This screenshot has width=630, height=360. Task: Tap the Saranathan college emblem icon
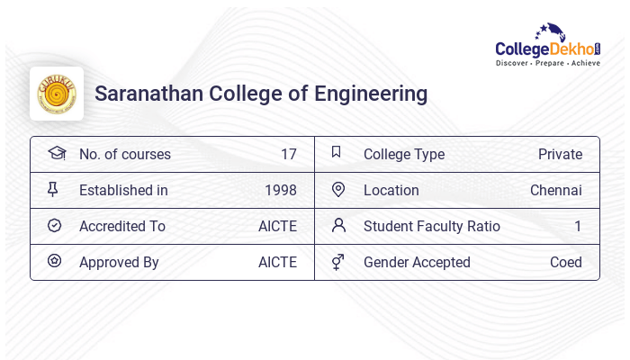(x=57, y=94)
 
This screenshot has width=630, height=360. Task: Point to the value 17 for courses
(x=288, y=154)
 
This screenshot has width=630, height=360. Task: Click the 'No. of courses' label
(x=124, y=154)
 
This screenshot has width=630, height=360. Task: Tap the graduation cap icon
(x=56, y=153)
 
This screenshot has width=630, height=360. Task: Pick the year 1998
(x=280, y=190)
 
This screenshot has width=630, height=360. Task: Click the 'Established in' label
(x=123, y=190)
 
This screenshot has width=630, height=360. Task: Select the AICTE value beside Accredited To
(x=277, y=226)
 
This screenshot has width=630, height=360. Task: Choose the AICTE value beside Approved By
(x=277, y=262)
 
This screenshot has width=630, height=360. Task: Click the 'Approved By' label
(x=119, y=262)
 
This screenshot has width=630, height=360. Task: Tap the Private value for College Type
(x=560, y=154)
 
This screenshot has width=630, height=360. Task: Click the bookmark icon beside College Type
(x=337, y=152)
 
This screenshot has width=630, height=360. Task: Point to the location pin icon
(x=338, y=189)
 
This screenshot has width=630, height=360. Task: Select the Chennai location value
(x=555, y=190)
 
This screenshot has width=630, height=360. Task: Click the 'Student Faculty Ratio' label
(x=431, y=226)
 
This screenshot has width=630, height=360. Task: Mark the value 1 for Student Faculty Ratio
(x=578, y=226)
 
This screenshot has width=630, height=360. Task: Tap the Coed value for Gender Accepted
(x=565, y=262)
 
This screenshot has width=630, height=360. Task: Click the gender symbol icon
(x=337, y=262)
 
